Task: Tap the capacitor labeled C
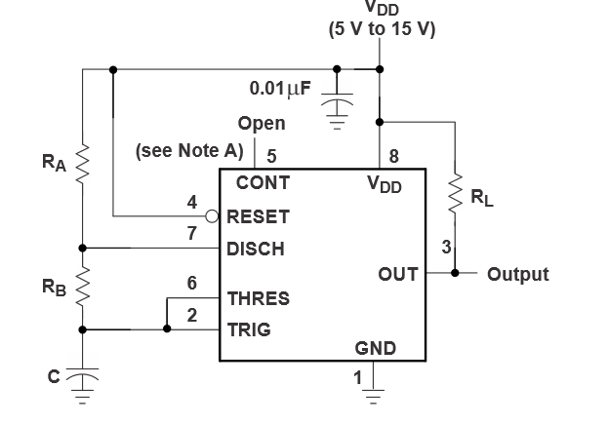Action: (83, 376)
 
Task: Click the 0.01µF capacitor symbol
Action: (337, 103)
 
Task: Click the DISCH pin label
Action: (256, 249)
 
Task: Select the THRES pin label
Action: (259, 297)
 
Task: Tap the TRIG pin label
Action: (249, 329)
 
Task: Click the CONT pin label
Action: (262, 181)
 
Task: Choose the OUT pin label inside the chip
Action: (398, 274)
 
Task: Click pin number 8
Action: (393, 155)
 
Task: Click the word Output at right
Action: (517, 274)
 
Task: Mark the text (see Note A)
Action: (188, 152)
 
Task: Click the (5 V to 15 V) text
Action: (382, 28)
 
